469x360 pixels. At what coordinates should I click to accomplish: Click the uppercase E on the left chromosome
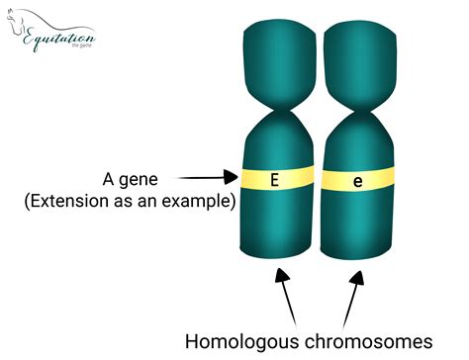tap(275, 179)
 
